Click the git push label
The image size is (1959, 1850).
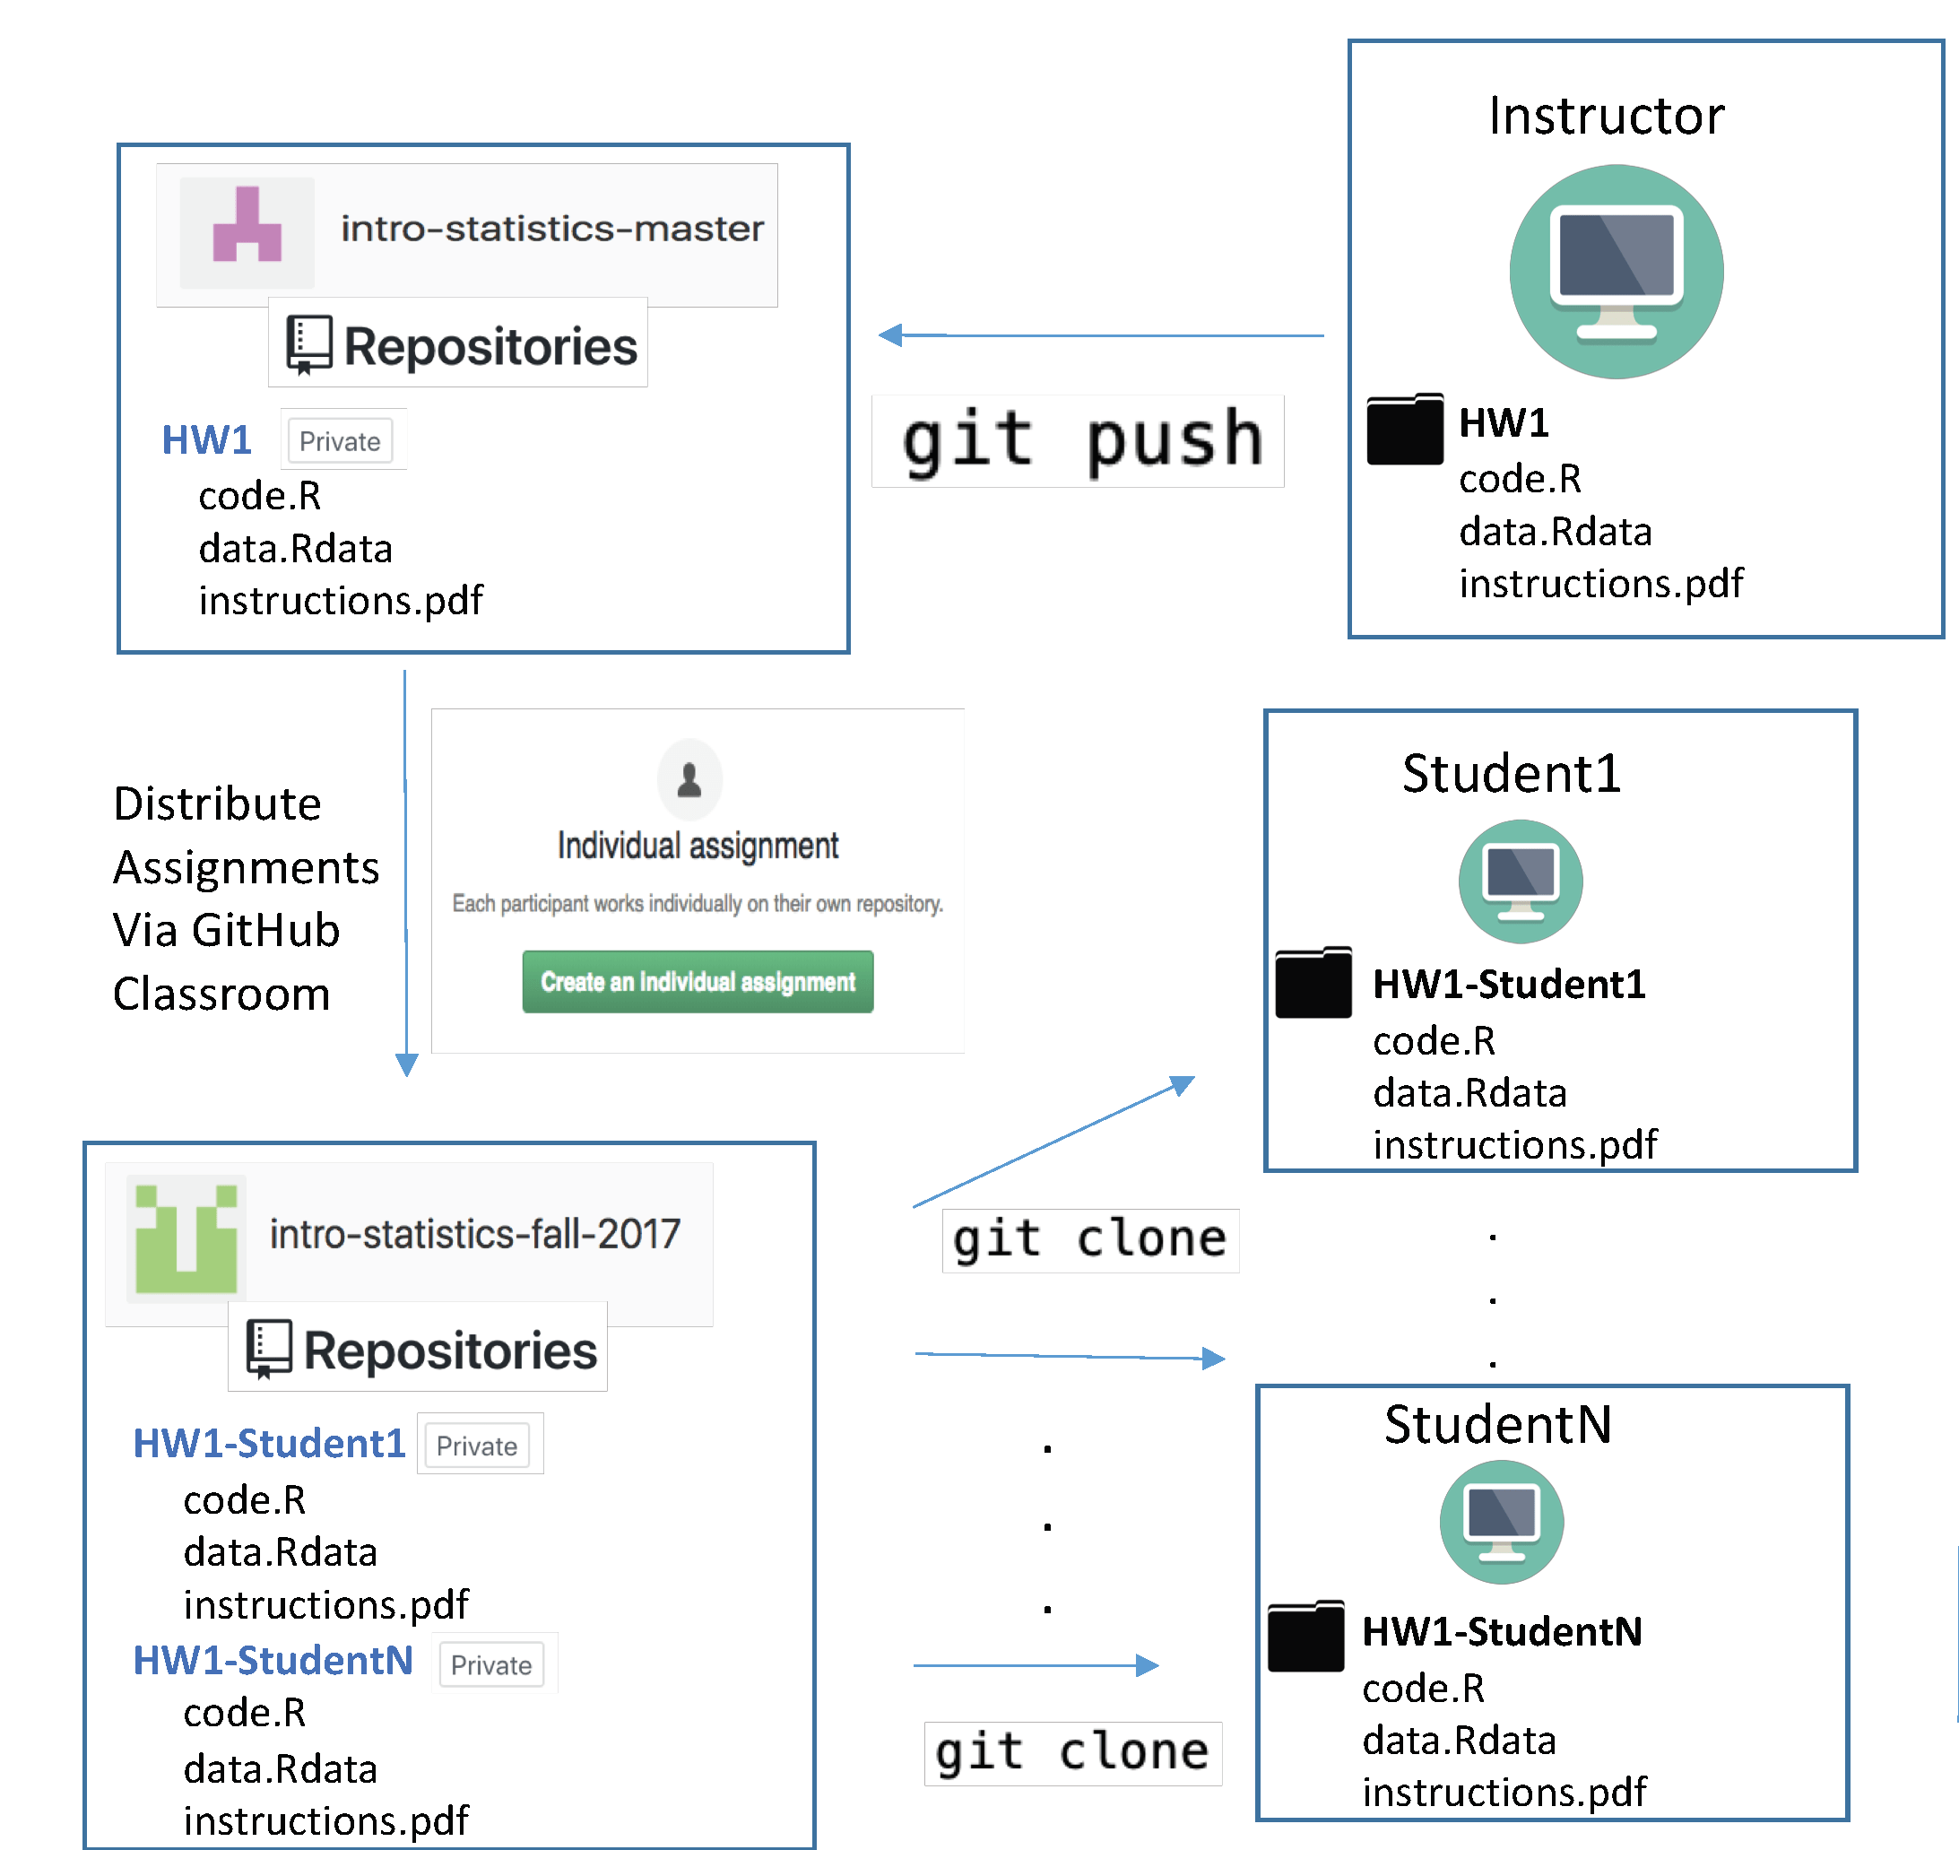pyautogui.click(x=1079, y=441)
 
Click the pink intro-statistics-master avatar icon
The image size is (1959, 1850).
pyautogui.click(x=247, y=230)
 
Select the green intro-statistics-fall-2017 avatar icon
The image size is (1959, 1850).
pyautogui.click(x=186, y=1238)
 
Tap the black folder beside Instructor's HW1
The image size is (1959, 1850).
pyautogui.click(x=1404, y=429)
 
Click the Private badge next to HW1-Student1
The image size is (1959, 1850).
pyautogui.click(x=476, y=1446)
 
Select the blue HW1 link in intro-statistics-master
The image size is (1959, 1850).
pyautogui.click(x=206, y=439)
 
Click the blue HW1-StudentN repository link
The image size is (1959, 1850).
pyautogui.click(x=273, y=1661)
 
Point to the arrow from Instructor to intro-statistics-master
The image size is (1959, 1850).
pyautogui.click(x=1099, y=335)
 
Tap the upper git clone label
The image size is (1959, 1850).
pyautogui.click(x=1089, y=1239)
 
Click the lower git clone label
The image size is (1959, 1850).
pyautogui.click(x=1071, y=1752)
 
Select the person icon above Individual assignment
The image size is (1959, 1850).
pyautogui.click(x=689, y=779)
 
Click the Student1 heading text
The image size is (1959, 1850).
pyautogui.click(x=1511, y=773)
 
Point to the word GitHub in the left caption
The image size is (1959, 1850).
pyautogui.click(x=265, y=930)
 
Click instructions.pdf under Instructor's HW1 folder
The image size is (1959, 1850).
pyautogui.click(x=1600, y=584)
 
